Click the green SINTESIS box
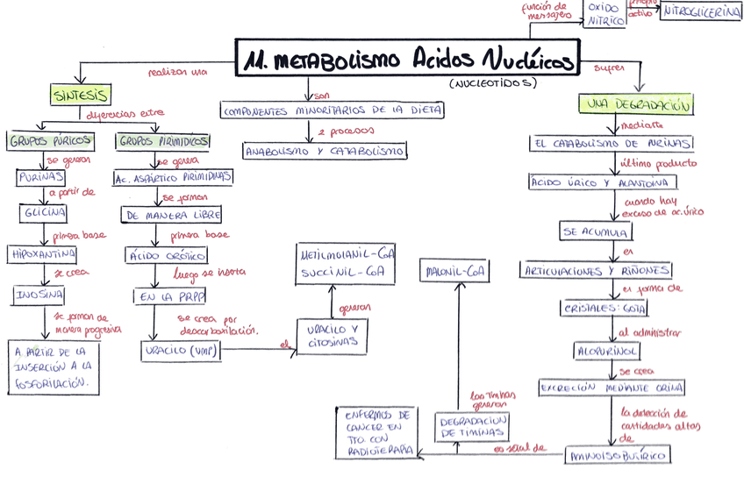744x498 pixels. (80, 94)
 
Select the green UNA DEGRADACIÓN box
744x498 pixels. (637, 104)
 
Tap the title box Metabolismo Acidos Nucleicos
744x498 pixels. (410, 60)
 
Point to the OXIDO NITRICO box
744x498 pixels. (604, 14)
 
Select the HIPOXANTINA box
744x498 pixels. (41, 254)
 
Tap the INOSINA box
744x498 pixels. (39, 295)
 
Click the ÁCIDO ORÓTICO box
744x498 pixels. (167, 255)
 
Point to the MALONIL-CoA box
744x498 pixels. (454, 271)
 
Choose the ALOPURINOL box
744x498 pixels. (606, 350)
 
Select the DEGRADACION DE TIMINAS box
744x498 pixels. (472, 426)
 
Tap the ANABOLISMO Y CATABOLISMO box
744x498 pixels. (325, 151)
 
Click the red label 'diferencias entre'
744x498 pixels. (125, 113)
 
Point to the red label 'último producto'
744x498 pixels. (658, 162)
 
